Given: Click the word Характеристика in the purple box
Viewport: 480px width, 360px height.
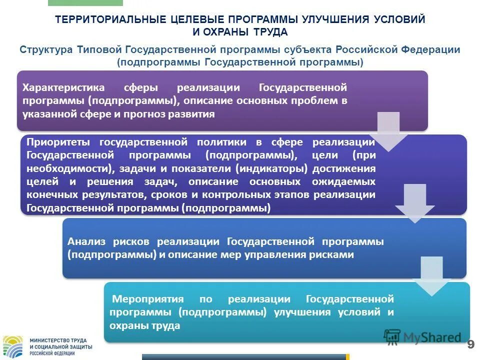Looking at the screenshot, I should pyautogui.click(x=63, y=88).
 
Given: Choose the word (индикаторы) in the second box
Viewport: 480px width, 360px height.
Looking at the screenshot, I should pyautogui.click(x=266, y=169).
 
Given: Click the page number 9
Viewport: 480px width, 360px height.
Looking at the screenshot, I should pyautogui.click(x=470, y=344).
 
